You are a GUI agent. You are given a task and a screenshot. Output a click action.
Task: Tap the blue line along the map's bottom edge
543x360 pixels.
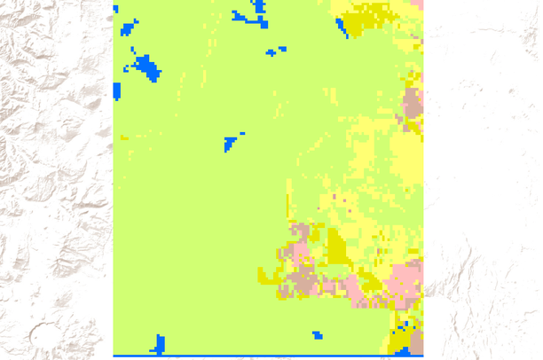[x=266, y=356]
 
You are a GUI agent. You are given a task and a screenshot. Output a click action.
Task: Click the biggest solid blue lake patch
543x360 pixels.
[x=144, y=67]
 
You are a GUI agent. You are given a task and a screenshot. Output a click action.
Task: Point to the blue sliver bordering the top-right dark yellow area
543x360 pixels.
[x=342, y=27]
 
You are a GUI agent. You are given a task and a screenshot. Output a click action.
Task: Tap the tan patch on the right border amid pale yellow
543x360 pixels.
[x=413, y=105]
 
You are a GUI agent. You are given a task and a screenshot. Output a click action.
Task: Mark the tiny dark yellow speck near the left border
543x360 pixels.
[x=124, y=137]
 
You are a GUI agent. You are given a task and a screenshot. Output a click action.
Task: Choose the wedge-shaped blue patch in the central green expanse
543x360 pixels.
[x=232, y=143]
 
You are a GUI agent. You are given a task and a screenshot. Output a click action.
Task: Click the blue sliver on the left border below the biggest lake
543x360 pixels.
[x=116, y=90]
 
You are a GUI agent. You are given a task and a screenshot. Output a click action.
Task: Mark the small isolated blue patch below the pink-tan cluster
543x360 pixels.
[x=317, y=335]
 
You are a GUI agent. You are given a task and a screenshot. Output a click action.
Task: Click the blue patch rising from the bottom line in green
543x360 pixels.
[x=159, y=344]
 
